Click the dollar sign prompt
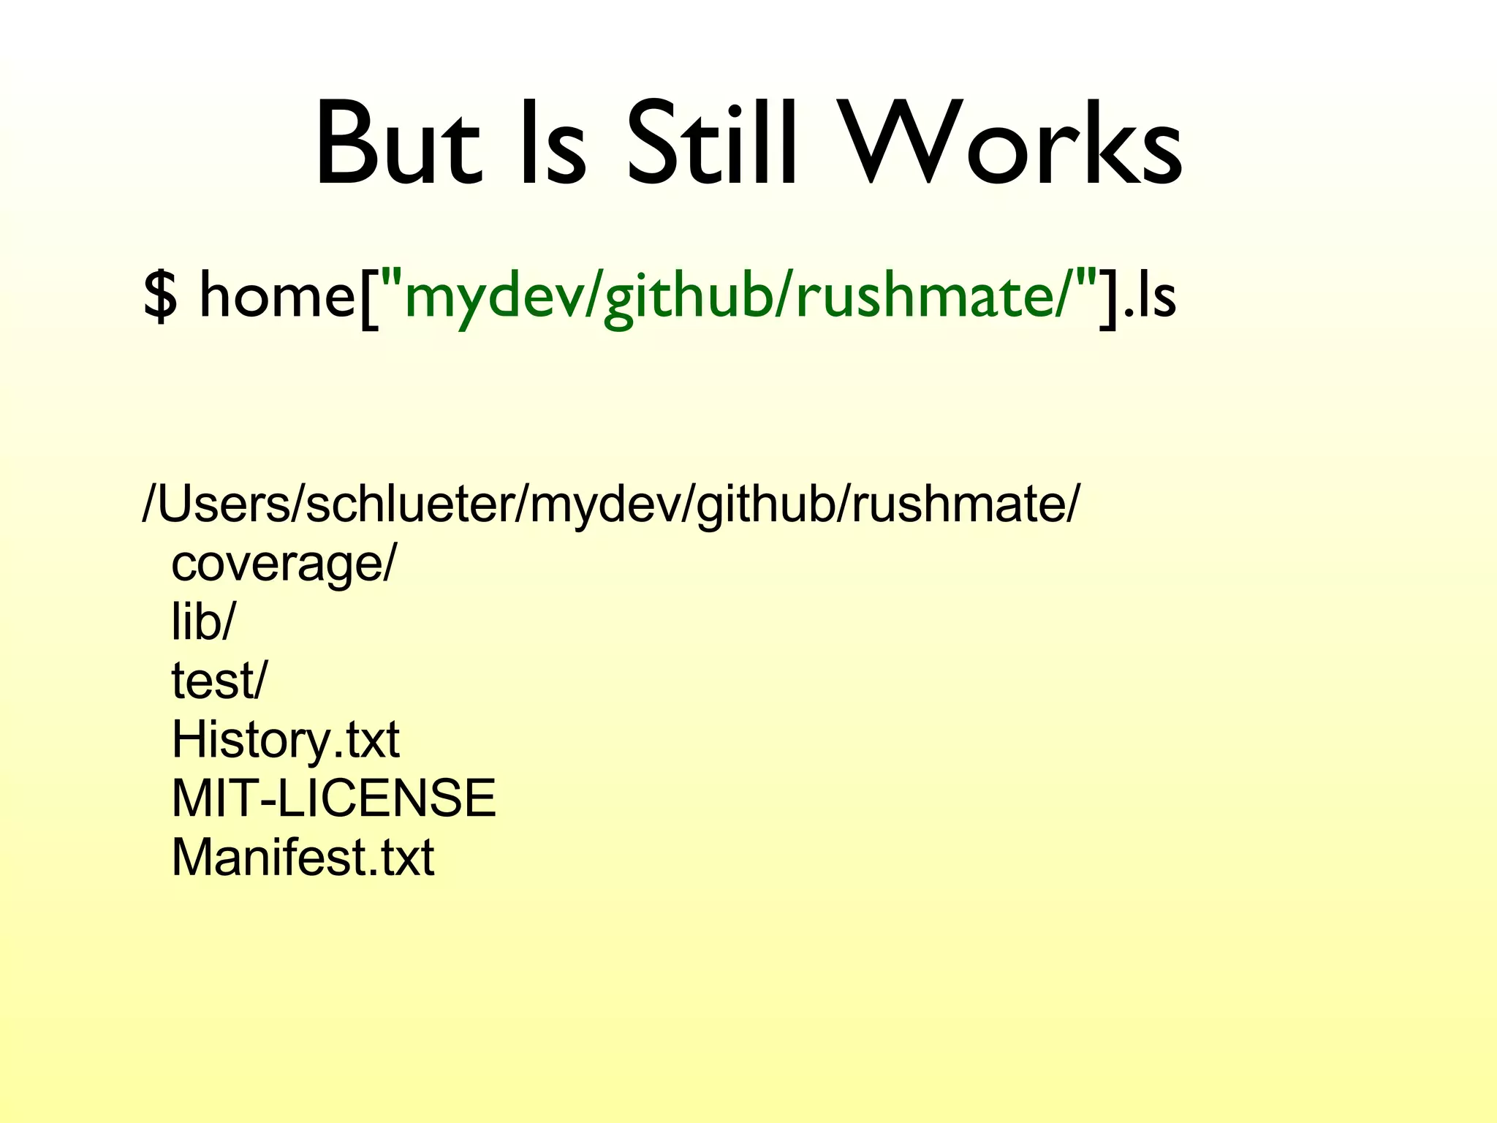(160, 295)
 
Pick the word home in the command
(277, 295)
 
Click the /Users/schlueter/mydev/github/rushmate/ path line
(610, 504)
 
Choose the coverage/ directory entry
(283, 564)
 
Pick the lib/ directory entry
(203, 621)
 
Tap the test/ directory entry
(219, 680)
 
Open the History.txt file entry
(285, 740)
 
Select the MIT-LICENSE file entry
(333, 798)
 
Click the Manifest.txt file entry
(303, 857)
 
